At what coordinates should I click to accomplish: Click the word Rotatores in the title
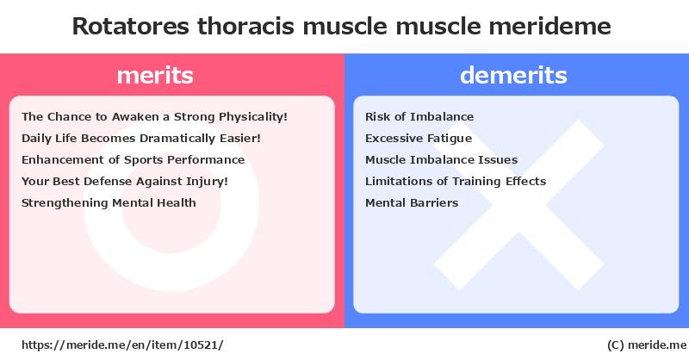coord(131,27)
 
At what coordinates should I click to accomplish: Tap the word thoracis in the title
coord(245,27)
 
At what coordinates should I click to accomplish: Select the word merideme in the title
coord(549,27)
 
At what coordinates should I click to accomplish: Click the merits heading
coord(155,75)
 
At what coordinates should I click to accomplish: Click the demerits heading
coord(513,75)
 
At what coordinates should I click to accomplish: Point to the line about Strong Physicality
coord(154,117)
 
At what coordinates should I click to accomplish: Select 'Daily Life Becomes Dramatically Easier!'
coord(141,139)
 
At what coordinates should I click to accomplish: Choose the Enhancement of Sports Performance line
coord(133,160)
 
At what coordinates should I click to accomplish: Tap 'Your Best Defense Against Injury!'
coord(125,182)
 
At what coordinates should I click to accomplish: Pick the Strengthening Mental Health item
coord(109,203)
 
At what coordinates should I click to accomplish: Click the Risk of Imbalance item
coord(419,117)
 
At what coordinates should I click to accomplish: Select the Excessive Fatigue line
coord(419,139)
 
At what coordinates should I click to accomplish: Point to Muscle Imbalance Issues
coord(441,160)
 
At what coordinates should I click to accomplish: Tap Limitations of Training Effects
coord(456,182)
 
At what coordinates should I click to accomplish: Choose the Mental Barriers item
coord(412,203)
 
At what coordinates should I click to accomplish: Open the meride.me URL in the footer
coord(122,345)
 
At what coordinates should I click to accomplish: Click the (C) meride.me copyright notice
coord(647,345)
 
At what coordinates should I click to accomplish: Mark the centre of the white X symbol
coord(519,205)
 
